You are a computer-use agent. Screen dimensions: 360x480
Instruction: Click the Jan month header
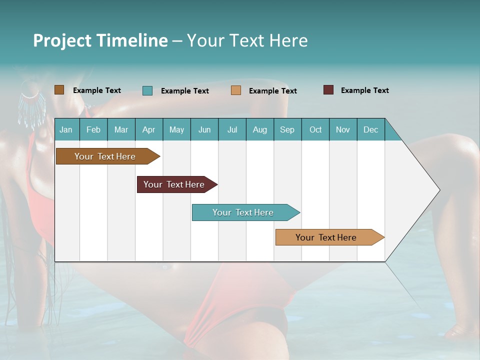tap(66, 129)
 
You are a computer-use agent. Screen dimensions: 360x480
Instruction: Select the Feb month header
tap(93, 129)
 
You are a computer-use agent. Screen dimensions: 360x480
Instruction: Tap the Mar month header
tap(121, 129)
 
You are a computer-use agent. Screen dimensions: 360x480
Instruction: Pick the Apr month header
tap(149, 129)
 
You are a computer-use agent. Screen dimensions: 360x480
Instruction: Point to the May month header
tap(176, 129)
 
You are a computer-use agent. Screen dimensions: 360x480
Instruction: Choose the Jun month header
tap(204, 129)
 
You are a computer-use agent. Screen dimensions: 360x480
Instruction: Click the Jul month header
tap(232, 129)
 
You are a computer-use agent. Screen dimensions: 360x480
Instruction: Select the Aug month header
tap(260, 129)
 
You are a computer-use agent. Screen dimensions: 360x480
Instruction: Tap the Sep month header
tap(287, 129)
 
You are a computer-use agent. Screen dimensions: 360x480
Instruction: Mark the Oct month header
tap(315, 129)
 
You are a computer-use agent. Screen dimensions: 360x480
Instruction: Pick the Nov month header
tap(343, 129)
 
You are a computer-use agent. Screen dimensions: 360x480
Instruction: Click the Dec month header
tap(371, 129)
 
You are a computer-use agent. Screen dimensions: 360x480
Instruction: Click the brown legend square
tap(59, 90)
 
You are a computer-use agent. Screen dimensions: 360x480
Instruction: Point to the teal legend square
tap(147, 90)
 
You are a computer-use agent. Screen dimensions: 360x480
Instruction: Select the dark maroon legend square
tap(328, 90)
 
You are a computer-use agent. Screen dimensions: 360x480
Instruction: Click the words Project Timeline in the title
tap(100, 40)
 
